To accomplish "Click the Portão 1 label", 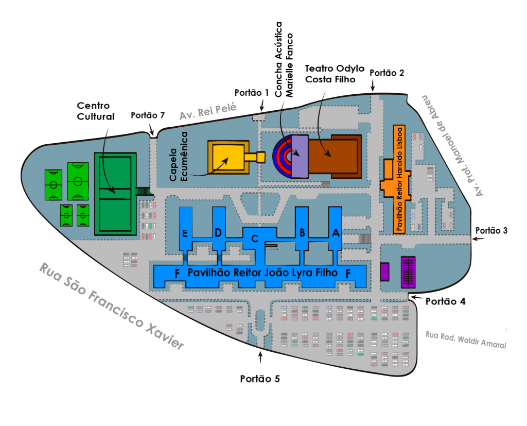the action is (251, 93).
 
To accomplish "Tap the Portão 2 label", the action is (387, 73).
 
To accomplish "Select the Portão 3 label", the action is (491, 230).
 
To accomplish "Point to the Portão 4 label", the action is (445, 301).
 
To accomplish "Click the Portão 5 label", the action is (260, 379).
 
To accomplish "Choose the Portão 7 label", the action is (148, 115).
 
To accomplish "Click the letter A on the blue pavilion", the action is (336, 232).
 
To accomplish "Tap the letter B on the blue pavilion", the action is (302, 232).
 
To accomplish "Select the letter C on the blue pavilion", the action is (255, 238).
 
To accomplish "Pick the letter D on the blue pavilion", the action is (218, 232).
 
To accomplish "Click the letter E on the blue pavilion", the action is (185, 233).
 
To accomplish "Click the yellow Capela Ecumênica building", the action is (229, 157).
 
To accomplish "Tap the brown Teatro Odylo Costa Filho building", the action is (335, 157).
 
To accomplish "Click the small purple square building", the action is (384, 271).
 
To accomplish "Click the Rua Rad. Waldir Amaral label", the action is (466, 340).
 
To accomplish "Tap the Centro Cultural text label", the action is (96, 111).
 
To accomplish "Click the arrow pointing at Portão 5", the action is (260, 357).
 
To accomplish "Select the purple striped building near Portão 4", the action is (408, 272).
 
